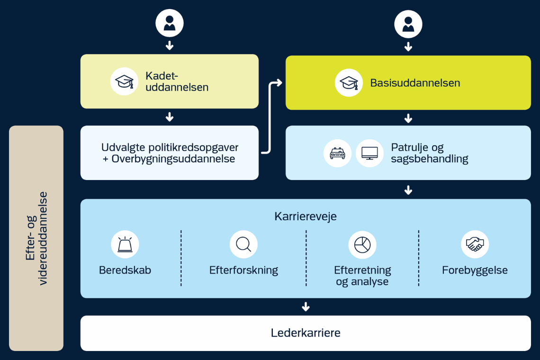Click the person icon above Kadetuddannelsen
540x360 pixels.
click(x=170, y=23)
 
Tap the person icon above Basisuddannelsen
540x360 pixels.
click(x=408, y=24)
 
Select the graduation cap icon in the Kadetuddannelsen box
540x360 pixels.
click(x=125, y=81)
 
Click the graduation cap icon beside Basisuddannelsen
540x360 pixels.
click(x=349, y=83)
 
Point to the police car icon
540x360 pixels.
click(x=337, y=153)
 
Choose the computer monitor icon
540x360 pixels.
click(x=369, y=153)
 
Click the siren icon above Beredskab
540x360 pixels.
click(x=125, y=244)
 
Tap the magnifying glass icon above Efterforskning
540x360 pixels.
click(x=243, y=244)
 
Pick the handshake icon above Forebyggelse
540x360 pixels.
click(x=475, y=244)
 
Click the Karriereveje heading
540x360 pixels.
click(x=306, y=216)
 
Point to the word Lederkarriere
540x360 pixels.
click(x=306, y=333)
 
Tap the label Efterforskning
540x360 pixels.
click(x=243, y=270)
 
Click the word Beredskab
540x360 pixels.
click(x=125, y=270)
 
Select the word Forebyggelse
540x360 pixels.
click(x=475, y=270)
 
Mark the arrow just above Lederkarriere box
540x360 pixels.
click(x=306, y=307)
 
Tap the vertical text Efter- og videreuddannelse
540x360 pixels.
click(x=36, y=238)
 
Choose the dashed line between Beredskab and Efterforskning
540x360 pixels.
click(x=181, y=258)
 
